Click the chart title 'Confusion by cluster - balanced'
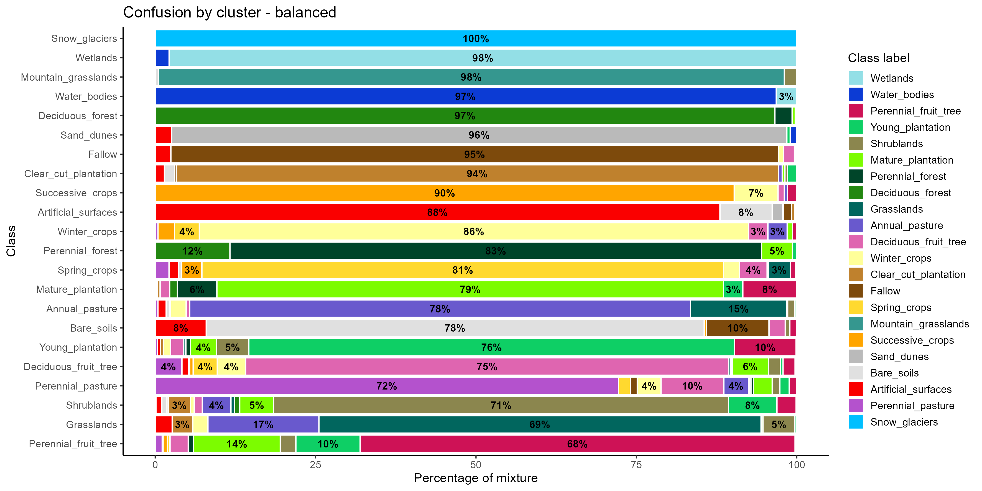pyautogui.click(x=229, y=12)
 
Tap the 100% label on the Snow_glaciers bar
pyautogui.click(x=475, y=39)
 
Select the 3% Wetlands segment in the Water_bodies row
pyautogui.click(x=786, y=96)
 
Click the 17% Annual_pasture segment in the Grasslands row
pyautogui.click(x=263, y=425)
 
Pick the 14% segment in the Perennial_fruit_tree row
pyautogui.click(x=237, y=444)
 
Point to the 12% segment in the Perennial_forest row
pyautogui.click(x=193, y=251)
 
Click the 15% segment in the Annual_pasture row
pyautogui.click(x=738, y=309)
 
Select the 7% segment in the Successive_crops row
pyautogui.click(x=756, y=193)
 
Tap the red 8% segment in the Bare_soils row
pyautogui.click(x=180, y=328)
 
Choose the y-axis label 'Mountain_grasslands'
pyautogui.click(x=69, y=77)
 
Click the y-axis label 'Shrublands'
pyautogui.click(x=91, y=405)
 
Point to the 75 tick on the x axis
pyautogui.click(x=636, y=465)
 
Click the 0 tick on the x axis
pyautogui.click(x=155, y=465)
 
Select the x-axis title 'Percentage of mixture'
pyautogui.click(x=475, y=478)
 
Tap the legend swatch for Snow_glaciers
pyautogui.click(x=856, y=422)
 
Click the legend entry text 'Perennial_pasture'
pyautogui.click(x=912, y=406)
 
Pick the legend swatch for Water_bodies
pyautogui.click(x=856, y=95)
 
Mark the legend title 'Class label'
pyautogui.click(x=878, y=58)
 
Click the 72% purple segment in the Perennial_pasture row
pyautogui.click(x=387, y=386)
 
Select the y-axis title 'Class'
pyautogui.click(x=11, y=241)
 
